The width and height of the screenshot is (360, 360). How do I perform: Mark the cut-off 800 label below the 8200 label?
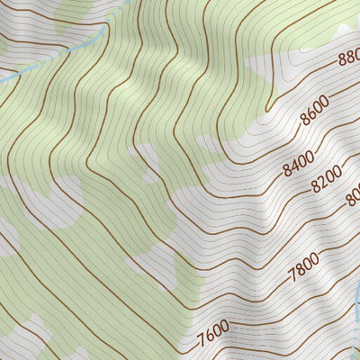[x=353, y=197]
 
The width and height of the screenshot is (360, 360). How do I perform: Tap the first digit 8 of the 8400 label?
[x=287, y=170]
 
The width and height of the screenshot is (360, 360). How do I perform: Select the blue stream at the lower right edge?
[x=355, y=297]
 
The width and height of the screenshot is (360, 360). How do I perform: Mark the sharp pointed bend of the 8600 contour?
[x=267, y=111]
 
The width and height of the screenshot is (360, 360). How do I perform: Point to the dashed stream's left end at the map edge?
[x=3, y=80]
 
